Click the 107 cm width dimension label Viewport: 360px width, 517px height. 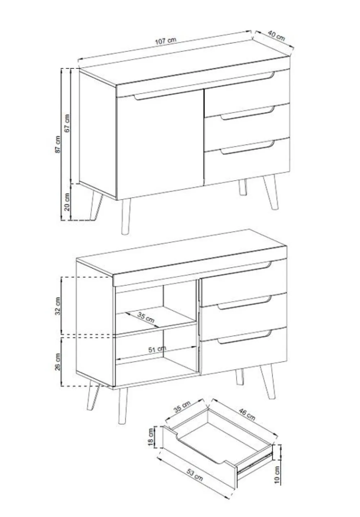pyautogui.click(x=165, y=41)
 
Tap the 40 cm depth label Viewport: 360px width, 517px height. pyautogui.click(x=276, y=36)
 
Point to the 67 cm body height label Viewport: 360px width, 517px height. pyautogui.click(x=67, y=123)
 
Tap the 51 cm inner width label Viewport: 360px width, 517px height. pyautogui.click(x=157, y=349)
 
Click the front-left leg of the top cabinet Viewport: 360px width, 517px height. pyautogui.click(x=126, y=216)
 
